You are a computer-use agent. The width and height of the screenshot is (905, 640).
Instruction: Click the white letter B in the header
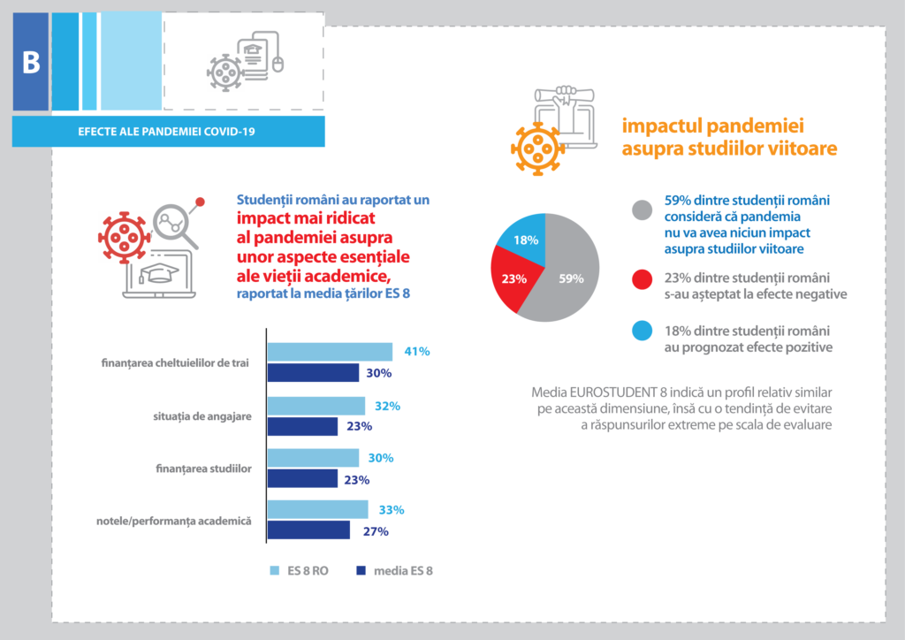[31, 64]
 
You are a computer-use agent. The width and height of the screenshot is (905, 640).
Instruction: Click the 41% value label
[416, 351]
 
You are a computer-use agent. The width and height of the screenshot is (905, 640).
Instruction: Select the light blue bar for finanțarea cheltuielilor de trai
[330, 352]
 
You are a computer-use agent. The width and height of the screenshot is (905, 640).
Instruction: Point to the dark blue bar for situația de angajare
[302, 426]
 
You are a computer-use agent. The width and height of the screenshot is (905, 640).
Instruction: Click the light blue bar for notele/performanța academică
[317, 509]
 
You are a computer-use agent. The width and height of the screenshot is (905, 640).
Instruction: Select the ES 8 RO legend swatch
[274, 571]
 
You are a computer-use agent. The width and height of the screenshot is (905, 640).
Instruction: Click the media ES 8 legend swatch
[361, 571]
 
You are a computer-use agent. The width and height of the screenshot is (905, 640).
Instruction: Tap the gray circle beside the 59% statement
[643, 210]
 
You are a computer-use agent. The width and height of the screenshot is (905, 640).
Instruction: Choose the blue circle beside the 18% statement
[643, 331]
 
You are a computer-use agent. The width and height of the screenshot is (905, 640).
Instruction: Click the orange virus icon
[537, 149]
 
